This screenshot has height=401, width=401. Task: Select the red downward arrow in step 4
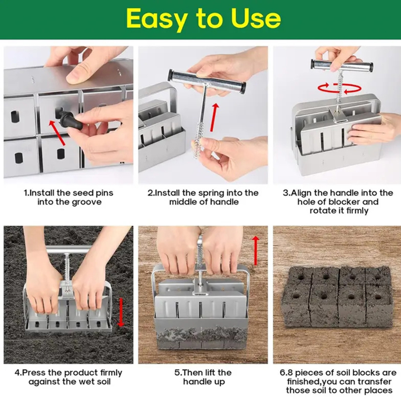point(121,312)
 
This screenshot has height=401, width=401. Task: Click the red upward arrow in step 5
point(256,251)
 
